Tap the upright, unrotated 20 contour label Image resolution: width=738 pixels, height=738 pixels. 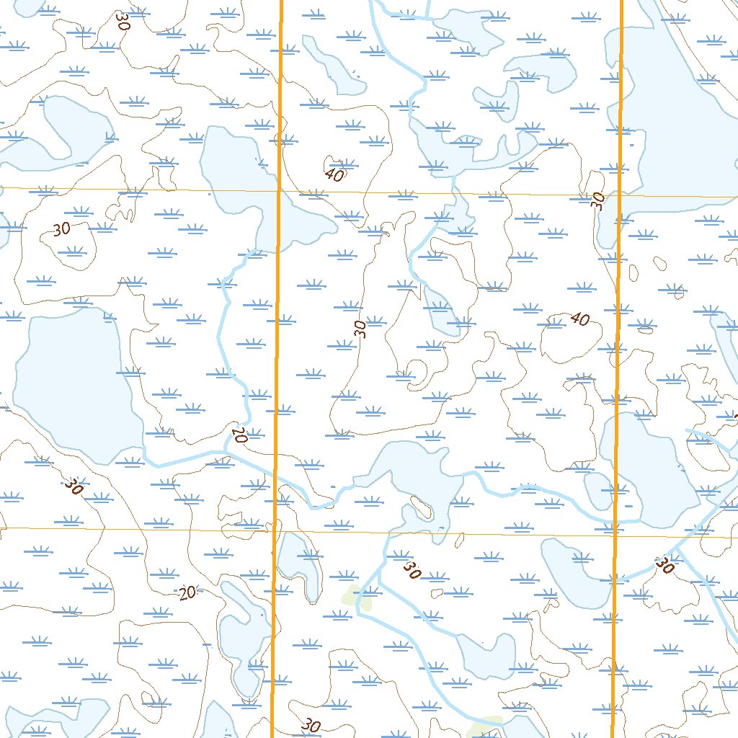[187, 593]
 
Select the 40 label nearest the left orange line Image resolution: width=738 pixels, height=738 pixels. [334, 174]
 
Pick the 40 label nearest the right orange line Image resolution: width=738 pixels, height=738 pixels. [579, 318]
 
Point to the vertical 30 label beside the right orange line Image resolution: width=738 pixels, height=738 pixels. [597, 201]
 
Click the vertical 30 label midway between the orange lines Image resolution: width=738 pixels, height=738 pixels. [361, 329]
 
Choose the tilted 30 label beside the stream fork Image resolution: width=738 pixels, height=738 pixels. [412, 571]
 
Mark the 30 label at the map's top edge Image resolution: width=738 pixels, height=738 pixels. [123, 19]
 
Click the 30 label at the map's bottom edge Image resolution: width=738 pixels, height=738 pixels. [311, 726]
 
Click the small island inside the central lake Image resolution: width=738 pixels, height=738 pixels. [421, 507]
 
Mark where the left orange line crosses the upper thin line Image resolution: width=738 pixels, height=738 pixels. [279, 191]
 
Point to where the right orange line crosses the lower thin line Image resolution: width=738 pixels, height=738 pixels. [615, 535]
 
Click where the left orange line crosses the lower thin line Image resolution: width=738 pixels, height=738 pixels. [275, 531]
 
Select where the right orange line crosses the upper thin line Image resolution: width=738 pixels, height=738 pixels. [619, 195]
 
